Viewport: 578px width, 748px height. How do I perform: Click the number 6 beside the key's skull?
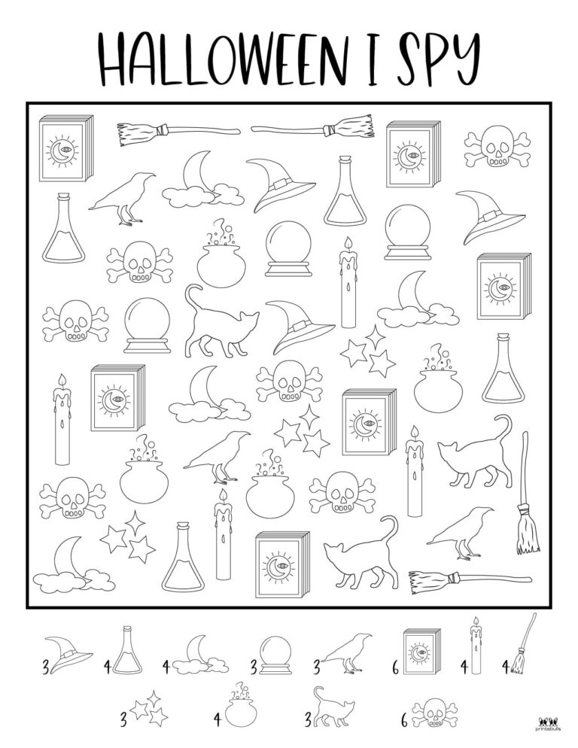tap(403, 720)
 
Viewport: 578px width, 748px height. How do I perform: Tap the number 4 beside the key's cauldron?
tap(217, 719)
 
